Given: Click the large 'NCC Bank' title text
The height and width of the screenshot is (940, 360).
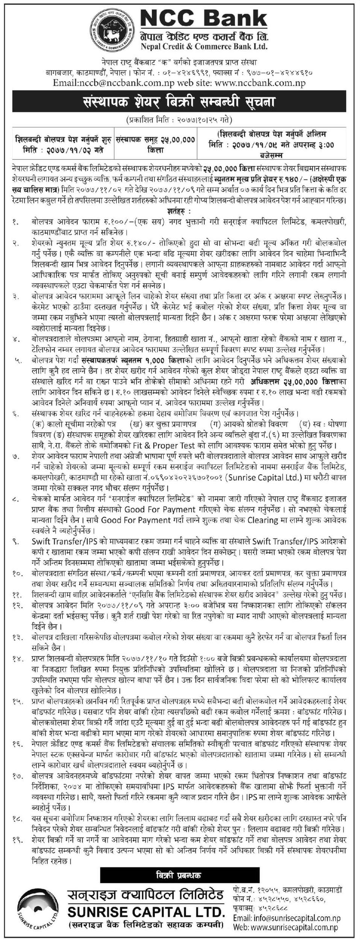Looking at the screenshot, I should tap(204, 18).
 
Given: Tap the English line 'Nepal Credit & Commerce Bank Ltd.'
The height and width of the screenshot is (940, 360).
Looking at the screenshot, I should tap(204, 47).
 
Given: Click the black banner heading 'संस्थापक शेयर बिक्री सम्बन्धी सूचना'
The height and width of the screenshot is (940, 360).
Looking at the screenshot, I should tap(179, 102).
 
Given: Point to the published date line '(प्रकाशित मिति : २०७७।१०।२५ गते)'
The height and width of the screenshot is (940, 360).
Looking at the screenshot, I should tap(179, 121).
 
